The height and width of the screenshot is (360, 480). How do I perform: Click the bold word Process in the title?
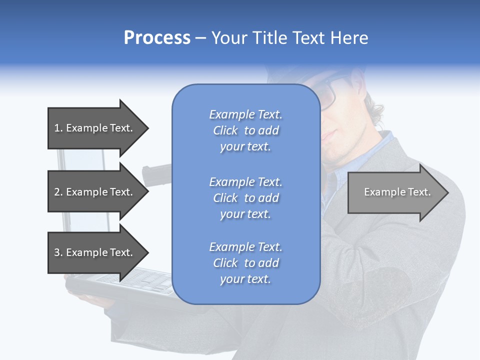pyautogui.click(x=157, y=38)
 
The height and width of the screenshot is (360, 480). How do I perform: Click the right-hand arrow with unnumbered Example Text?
pyautogui.click(x=397, y=192)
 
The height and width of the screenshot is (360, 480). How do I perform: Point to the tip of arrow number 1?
pyautogui.click(x=147, y=128)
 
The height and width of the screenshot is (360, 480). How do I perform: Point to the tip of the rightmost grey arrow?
pyautogui.click(x=447, y=192)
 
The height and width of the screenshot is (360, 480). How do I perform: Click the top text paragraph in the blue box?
pyautogui.click(x=245, y=130)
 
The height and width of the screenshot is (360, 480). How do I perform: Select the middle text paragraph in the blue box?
pyautogui.click(x=245, y=198)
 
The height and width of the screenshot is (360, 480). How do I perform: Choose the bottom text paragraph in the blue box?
pyautogui.click(x=245, y=263)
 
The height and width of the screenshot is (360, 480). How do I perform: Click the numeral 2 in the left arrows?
pyautogui.click(x=57, y=192)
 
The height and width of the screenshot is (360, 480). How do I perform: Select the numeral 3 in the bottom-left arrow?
pyautogui.click(x=57, y=252)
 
